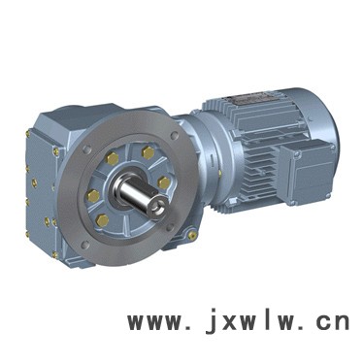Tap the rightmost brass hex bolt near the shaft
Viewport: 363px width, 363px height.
click(x=164, y=182)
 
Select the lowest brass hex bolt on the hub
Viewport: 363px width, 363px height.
click(x=103, y=220)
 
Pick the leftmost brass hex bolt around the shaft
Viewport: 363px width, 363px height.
click(x=93, y=196)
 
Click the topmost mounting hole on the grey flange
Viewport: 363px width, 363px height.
click(x=174, y=135)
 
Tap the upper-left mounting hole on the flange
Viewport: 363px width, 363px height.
click(x=85, y=149)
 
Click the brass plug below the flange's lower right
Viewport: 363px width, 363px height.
click(x=193, y=235)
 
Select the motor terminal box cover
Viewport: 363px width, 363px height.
click(x=306, y=172)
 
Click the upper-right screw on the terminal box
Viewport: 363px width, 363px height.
click(x=332, y=148)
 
